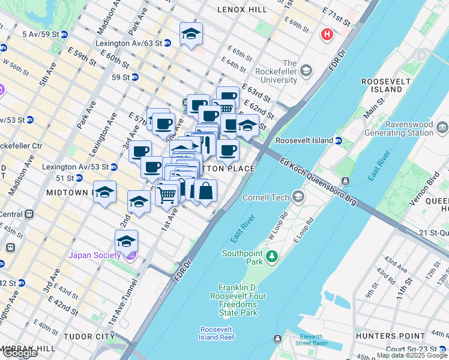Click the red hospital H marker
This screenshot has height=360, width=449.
327,34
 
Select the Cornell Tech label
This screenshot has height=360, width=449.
266,197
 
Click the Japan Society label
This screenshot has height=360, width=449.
94,255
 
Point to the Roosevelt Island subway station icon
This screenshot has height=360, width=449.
338,141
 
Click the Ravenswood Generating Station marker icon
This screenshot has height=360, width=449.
443,127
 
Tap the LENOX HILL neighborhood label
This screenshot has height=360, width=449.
241,10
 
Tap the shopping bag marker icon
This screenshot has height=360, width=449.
205,191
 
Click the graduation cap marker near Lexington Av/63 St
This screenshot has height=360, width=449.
191,34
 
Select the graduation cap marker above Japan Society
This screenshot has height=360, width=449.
126,241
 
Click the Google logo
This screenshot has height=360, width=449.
19,353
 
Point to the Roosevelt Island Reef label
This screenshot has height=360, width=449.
220,334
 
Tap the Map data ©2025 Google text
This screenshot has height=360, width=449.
412,355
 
